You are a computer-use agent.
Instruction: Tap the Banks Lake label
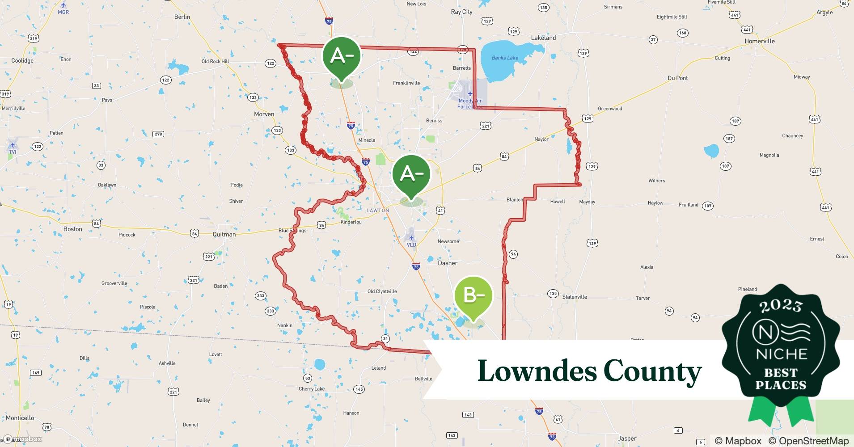[505, 58]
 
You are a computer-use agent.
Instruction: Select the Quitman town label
[224, 234]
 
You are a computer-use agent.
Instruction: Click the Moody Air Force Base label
[469, 104]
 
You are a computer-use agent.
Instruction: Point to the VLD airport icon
[411, 238]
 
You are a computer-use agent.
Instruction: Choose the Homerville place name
[759, 41]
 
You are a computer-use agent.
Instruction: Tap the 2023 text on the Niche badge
[781, 306]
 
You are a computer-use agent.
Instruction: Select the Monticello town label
[20, 418]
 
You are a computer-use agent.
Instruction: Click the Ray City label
[461, 12]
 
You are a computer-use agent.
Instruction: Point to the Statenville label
[575, 297]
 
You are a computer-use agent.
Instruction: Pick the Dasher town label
[447, 263]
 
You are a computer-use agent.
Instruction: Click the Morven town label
[264, 114]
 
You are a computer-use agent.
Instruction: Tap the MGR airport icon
[63, 5]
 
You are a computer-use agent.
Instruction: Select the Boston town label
[72, 229]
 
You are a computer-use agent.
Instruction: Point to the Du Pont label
[677, 78]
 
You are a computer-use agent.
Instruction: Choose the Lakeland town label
[543, 38]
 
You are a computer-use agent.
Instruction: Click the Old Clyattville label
[382, 291]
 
